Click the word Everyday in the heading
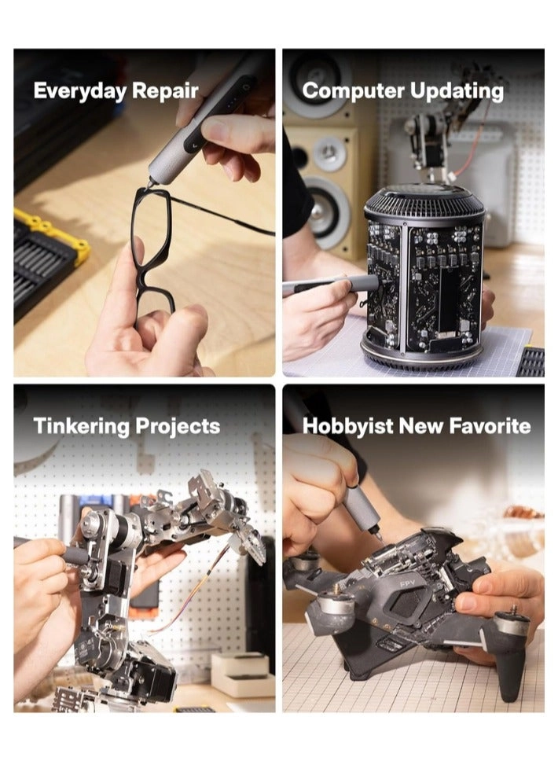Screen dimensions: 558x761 tap(80, 91)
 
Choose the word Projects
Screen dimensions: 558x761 tap(178, 427)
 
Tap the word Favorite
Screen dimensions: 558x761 tap(490, 425)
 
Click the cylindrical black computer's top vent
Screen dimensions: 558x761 tap(424, 201)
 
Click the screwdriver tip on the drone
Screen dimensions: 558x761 tap(378, 538)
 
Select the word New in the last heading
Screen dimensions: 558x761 tap(420, 426)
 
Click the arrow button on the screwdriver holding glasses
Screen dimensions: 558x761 tap(194, 144)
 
